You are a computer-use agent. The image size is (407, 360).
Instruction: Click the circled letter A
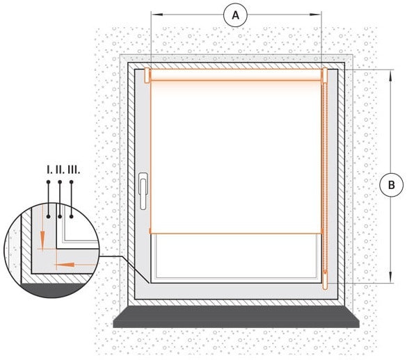point(235,15)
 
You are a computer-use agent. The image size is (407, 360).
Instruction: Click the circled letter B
point(391,185)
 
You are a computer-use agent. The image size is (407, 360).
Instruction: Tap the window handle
point(143,190)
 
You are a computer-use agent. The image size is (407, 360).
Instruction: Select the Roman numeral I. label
point(49,170)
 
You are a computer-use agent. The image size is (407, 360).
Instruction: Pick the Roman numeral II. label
point(60,170)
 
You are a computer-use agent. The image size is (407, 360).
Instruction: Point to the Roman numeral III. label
point(74,170)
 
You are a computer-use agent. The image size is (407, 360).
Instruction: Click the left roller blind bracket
point(147,76)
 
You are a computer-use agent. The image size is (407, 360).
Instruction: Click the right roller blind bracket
point(324,76)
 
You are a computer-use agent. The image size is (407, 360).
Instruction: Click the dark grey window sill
point(237,317)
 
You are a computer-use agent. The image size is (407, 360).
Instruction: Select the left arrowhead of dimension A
point(157,15)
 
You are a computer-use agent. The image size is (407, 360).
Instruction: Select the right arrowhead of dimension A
point(316,15)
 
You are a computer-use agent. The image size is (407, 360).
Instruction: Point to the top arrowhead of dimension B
point(391,76)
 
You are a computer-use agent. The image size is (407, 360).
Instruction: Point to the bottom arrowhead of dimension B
point(391,277)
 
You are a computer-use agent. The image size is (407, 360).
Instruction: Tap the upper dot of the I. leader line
point(48,182)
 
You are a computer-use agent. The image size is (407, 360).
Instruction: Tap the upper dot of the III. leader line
point(72,182)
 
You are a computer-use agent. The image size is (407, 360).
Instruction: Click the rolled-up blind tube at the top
point(236,74)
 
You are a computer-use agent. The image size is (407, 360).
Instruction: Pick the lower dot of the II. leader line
point(60,216)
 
